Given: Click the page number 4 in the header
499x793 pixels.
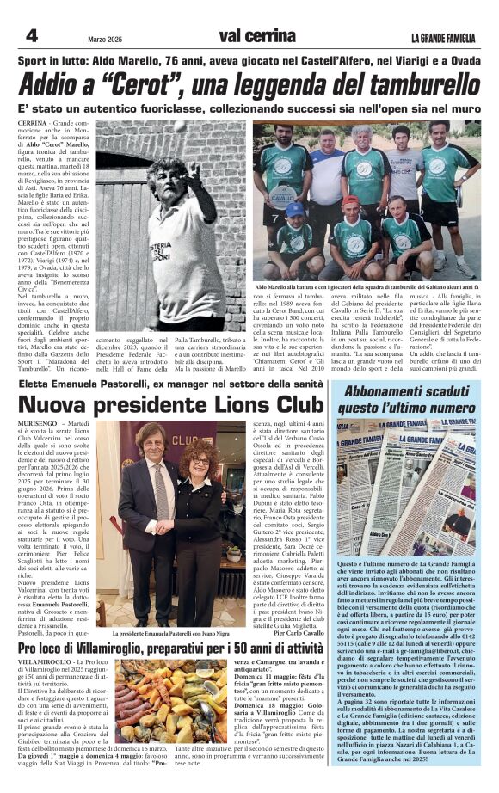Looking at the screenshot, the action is coord(31,36).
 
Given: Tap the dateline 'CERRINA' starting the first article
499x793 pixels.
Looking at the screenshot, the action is coord(32,124).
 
